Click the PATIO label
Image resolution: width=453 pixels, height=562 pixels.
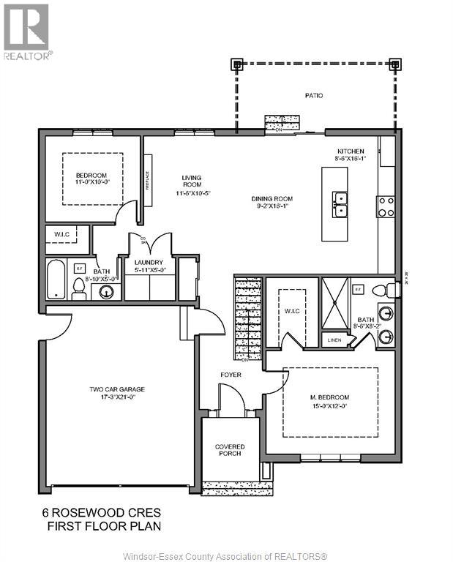click(314, 96)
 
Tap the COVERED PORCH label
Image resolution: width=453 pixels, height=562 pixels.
click(229, 450)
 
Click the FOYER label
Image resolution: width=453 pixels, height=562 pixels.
click(231, 375)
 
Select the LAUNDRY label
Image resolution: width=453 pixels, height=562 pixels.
click(150, 266)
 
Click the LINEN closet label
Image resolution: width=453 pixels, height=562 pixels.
click(334, 340)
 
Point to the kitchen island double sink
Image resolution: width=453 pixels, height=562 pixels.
click(340, 204)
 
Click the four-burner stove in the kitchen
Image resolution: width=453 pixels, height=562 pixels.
click(386, 207)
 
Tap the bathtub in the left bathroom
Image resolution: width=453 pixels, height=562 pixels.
click(56, 279)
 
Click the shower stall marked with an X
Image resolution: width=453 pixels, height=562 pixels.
click(335, 304)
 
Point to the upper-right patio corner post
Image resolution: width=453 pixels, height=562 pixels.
click(395, 64)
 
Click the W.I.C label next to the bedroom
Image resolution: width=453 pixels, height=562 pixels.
click(61, 235)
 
